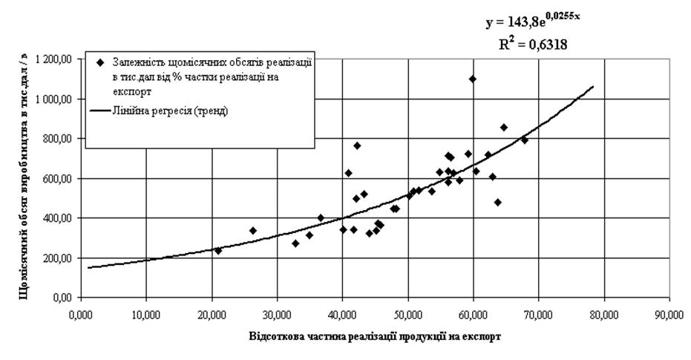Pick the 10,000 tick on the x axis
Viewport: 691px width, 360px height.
[x=145, y=314]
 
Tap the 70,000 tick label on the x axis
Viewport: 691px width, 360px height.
[x=538, y=314]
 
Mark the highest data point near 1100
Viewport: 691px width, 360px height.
[x=473, y=79]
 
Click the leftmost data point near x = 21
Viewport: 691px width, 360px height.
[x=218, y=250]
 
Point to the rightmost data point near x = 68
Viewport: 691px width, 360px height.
[x=525, y=140]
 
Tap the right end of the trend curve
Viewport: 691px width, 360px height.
[x=592, y=86]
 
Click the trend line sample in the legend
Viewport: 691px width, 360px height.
[x=99, y=111]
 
